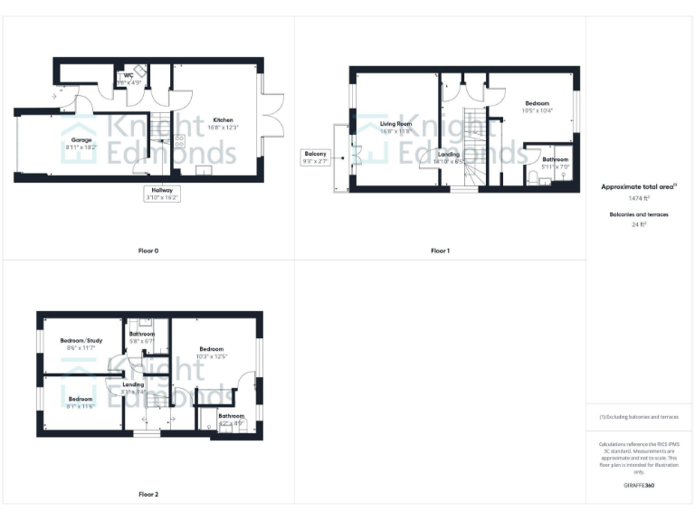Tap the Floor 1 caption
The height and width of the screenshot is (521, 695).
[440, 251]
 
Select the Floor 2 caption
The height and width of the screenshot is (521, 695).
[148, 495]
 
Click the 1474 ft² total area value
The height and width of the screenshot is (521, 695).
[639, 197]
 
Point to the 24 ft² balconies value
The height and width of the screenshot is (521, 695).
[639, 223]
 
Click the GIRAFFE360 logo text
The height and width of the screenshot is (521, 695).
[639, 486]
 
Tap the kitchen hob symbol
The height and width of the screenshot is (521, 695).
[178, 141]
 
